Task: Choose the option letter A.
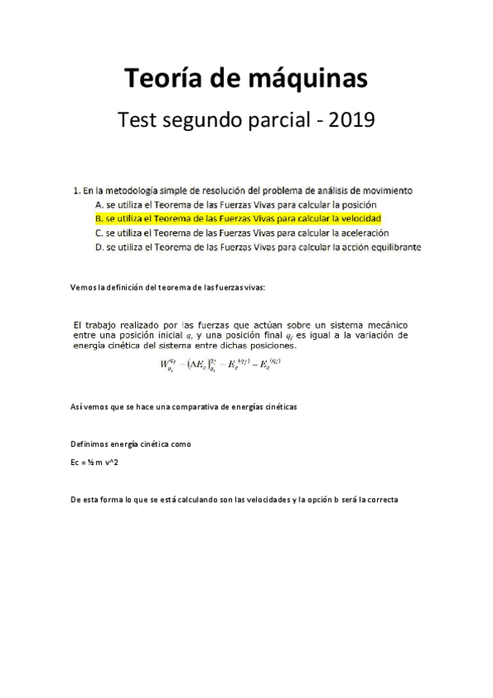click(99, 204)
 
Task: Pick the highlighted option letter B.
click(99, 218)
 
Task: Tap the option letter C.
click(99, 232)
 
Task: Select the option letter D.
click(99, 246)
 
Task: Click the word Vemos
click(84, 286)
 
